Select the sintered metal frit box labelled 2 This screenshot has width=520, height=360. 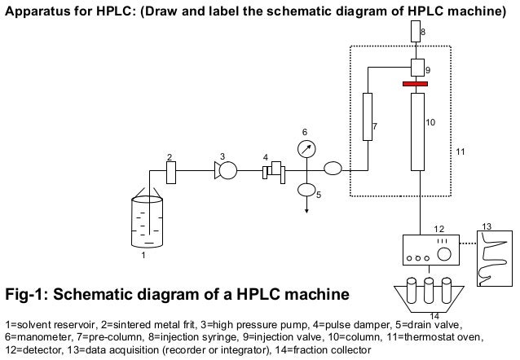pos(171,173)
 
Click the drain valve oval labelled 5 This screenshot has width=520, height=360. pos(306,190)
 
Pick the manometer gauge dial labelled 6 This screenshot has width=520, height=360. pos(306,148)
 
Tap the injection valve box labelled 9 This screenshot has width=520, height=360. pos(417,67)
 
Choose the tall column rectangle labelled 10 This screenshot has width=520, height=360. pos(418,130)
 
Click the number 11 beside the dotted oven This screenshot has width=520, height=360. pos(461,152)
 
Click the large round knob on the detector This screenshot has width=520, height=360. pos(445,252)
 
